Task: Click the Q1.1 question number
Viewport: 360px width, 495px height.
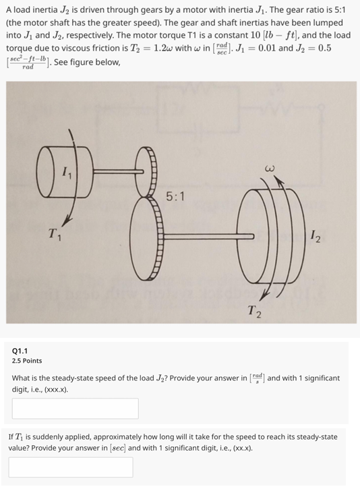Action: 20,351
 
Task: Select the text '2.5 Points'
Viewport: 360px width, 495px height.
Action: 27,361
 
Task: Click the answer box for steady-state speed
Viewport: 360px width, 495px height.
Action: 75,408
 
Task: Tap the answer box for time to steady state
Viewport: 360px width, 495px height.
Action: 71,467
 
